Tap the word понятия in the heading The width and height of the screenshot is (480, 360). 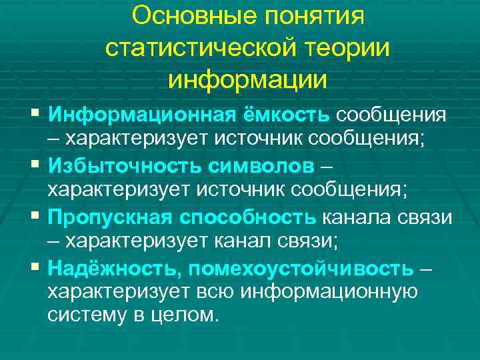[315, 15]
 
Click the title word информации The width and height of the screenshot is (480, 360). [248, 79]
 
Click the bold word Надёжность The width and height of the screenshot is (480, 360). [115, 268]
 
